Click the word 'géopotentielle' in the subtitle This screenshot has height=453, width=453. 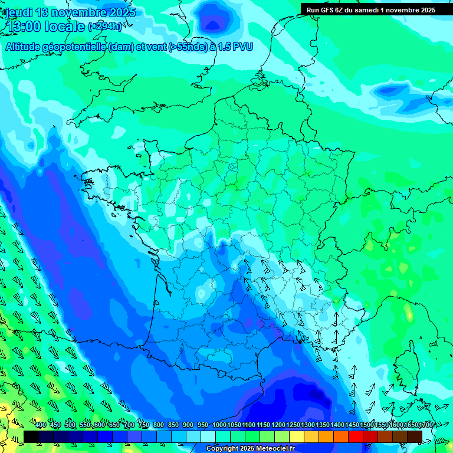coord(73,47)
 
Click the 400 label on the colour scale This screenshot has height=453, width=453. coord(41,425)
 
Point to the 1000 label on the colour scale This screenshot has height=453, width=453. coord(219,425)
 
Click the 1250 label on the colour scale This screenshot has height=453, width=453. coord(293,425)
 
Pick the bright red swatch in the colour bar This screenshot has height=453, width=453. coord(356,436)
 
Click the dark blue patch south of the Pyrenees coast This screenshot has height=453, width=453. coord(313,398)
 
